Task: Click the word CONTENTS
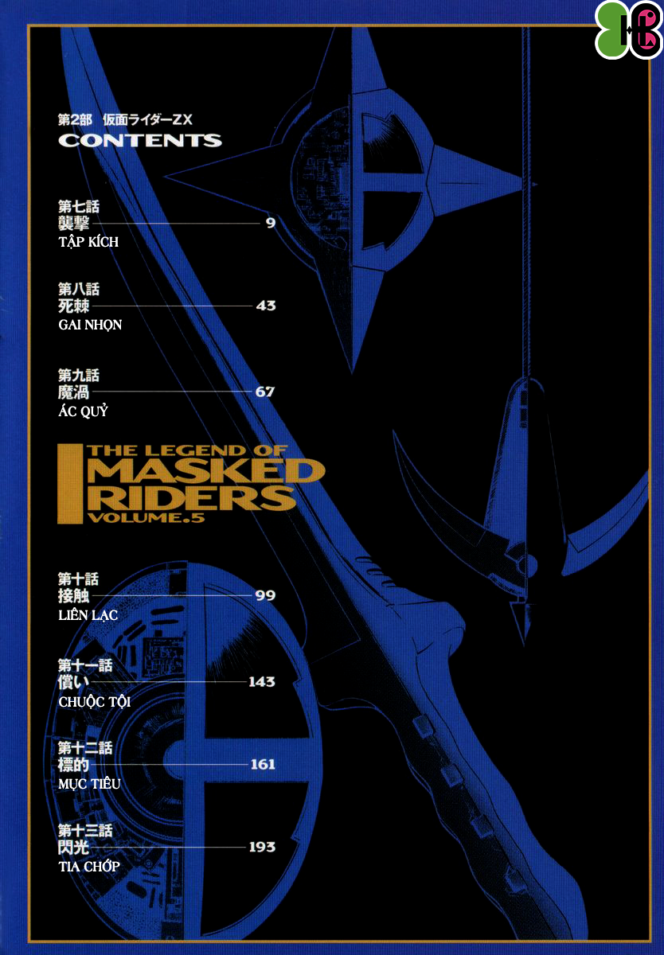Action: (x=140, y=140)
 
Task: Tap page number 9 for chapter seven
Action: (x=271, y=223)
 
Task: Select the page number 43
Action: (x=266, y=306)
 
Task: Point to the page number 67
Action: (x=265, y=392)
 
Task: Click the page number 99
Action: (x=265, y=595)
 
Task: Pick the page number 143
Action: (x=262, y=682)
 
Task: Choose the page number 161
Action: (x=263, y=765)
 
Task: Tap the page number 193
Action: (x=262, y=847)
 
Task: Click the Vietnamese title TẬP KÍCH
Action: (x=88, y=242)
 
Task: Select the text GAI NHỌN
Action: (x=90, y=325)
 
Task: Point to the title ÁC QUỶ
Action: (x=83, y=411)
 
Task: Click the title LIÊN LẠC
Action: (x=88, y=614)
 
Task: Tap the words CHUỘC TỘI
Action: (x=94, y=702)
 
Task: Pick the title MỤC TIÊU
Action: (x=89, y=784)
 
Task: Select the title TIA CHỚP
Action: (x=89, y=867)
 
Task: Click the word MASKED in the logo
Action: (x=206, y=470)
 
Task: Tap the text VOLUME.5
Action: (x=146, y=517)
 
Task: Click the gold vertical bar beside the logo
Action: (x=70, y=484)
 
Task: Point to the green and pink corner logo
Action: (x=629, y=30)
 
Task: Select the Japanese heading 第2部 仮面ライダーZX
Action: (x=125, y=120)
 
